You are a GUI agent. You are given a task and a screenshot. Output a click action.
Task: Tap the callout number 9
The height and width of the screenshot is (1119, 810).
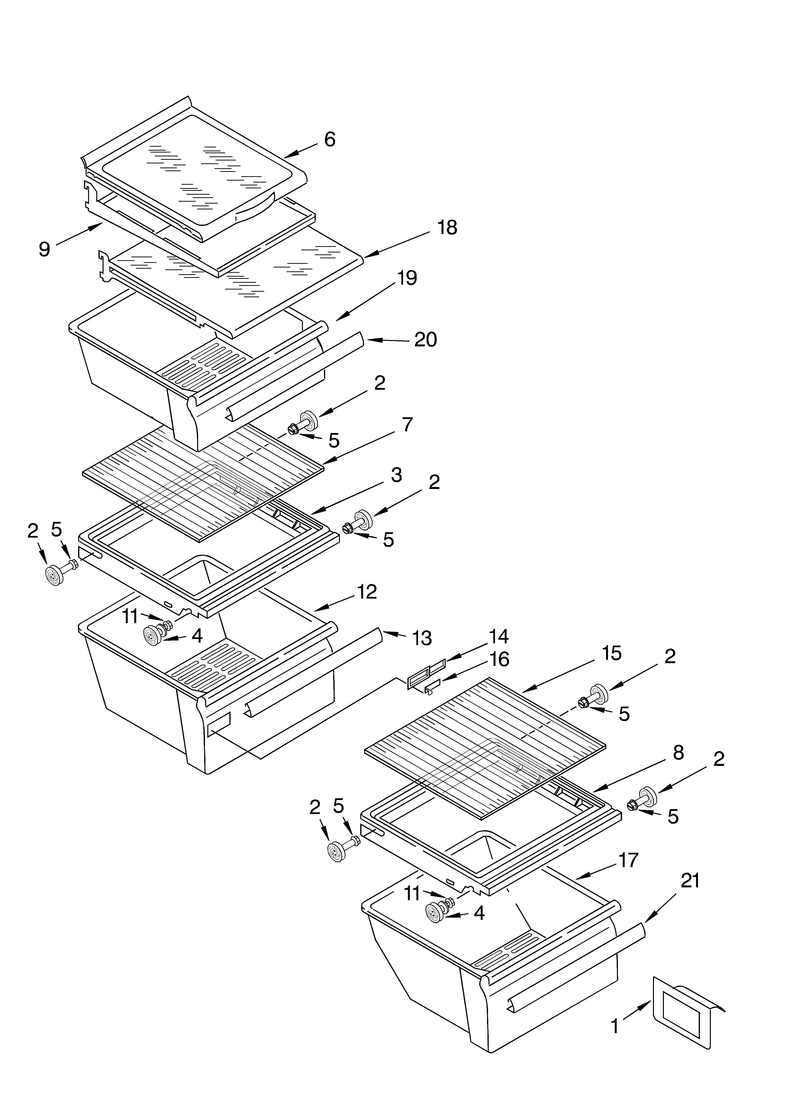pos(45,249)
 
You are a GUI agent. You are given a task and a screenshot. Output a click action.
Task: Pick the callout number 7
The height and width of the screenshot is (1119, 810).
pos(407,425)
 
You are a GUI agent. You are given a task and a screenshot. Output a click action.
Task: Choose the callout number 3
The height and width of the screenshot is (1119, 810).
pos(396,475)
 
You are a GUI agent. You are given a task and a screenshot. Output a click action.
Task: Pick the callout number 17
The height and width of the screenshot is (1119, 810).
pos(628,860)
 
